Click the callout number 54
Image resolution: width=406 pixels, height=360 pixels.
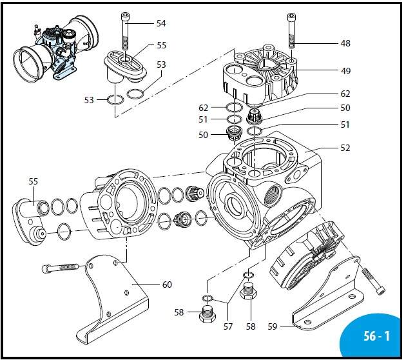pyautogui.click(x=161, y=23)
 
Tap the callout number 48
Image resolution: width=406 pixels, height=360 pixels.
pyautogui.click(x=345, y=43)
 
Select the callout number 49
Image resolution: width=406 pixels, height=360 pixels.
pyautogui.click(x=345, y=71)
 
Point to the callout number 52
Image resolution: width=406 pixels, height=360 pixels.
pyautogui.click(x=345, y=148)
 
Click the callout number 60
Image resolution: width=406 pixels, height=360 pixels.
pyautogui.click(x=167, y=285)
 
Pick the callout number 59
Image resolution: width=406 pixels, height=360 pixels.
pyautogui.click(x=273, y=326)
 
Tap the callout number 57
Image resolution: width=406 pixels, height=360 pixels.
pyautogui.click(x=228, y=326)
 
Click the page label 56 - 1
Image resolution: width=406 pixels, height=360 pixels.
pyautogui.click(x=376, y=336)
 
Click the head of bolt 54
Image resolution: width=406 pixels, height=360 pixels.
pyautogui.click(x=125, y=16)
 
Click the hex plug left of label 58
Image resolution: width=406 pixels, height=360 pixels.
pyautogui.click(x=207, y=314)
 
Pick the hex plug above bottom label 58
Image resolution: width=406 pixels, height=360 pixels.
pyautogui.click(x=249, y=291)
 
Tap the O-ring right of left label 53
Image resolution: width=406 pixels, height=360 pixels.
pyautogui.click(x=115, y=100)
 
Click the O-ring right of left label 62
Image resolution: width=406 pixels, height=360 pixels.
pyautogui.click(x=234, y=108)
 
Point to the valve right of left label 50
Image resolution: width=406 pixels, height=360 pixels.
pyautogui.click(x=234, y=133)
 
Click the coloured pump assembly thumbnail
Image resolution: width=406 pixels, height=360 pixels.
pyautogui.click(x=55, y=49)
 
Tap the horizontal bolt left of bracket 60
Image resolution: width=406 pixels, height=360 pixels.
pyautogui.click(x=60, y=268)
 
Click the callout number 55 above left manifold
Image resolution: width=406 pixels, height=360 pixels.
pyautogui.click(x=33, y=181)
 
